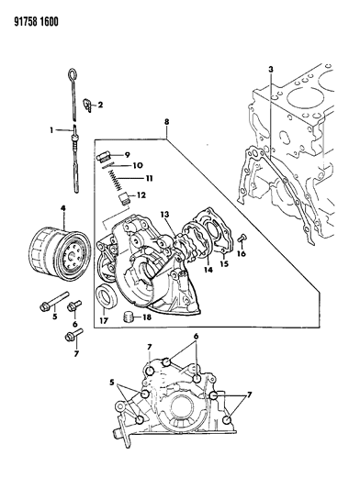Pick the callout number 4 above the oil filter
point(62,209)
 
